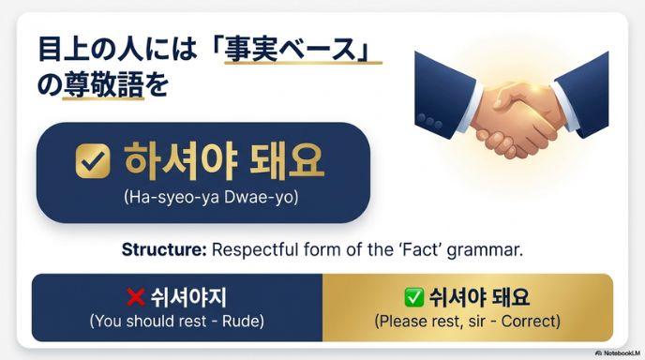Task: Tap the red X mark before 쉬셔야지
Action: tap(135, 298)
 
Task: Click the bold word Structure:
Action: tap(163, 250)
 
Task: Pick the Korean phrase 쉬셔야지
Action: tap(187, 298)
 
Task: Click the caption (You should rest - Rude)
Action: tap(176, 321)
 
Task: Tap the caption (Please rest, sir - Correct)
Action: tap(467, 321)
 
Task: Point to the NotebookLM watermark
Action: tap(615, 352)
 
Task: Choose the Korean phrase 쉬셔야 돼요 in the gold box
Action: tap(479, 298)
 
